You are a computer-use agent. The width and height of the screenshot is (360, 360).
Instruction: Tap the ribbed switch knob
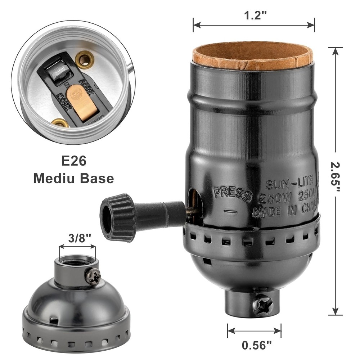coord(117,217)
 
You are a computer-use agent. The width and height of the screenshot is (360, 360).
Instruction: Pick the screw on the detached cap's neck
coord(93,276)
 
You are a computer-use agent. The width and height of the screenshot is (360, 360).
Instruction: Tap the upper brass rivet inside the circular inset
coord(84,59)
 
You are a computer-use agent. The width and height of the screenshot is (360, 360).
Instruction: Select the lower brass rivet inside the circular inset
coord(60,123)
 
